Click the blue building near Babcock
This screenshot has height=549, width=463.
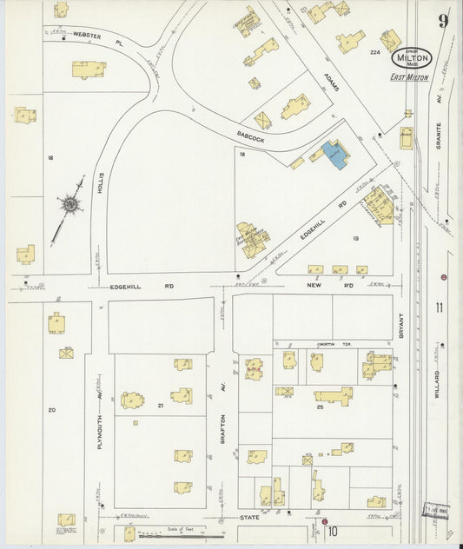click(x=334, y=154)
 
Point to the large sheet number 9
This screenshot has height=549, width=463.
click(x=444, y=20)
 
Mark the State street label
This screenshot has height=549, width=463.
click(x=250, y=519)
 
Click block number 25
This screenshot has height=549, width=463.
click(x=320, y=407)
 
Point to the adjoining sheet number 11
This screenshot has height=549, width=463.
click(x=440, y=306)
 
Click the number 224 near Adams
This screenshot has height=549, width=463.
click(x=375, y=53)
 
